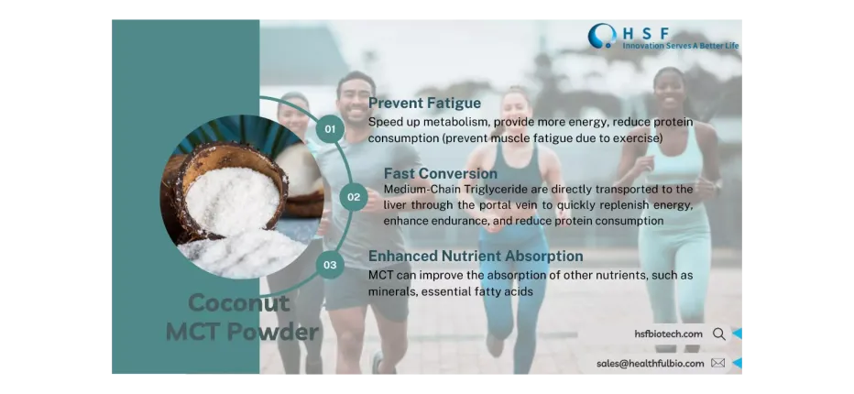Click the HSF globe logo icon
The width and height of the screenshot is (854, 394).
pyautogui.click(x=602, y=36)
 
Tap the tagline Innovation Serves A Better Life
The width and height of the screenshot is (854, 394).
pyautogui.click(x=680, y=46)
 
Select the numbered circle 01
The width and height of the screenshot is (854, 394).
pyautogui.click(x=330, y=128)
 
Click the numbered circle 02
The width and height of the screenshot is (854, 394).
pyautogui.click(x=353, y=197)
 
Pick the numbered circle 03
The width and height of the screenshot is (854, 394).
pyautogui.click(x=330, y=266)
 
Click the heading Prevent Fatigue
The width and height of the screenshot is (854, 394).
pyautogui.click(x=424, y=103)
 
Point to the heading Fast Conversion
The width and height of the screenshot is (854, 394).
pyautogui.click(x=440, y=173)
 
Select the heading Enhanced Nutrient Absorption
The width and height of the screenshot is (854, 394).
pyautogui.click(x=476, y=257)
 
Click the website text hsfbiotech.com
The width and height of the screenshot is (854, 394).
pyautogui.click(x=668, y=334)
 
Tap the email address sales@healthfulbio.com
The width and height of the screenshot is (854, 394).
pyautogui.click(x=650, y=363)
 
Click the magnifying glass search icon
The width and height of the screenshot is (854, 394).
pyautogui.click(x=719, y=334)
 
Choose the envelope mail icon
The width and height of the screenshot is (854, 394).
pyautogui.click(x=717, y=363)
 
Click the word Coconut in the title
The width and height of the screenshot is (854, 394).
pyautogui.click(x=226, y=303)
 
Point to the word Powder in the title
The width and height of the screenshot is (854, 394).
pyautogui.click(x=271, y=332)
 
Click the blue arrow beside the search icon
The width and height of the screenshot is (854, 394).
pyautogui.click(x=738, y=334)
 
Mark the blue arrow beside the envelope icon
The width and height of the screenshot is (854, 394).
pyautogui.click(x=738, y=363)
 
